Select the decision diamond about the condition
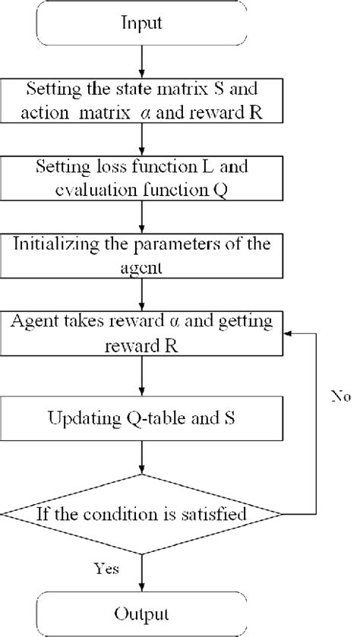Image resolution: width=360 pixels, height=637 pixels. click(x=142, y=516)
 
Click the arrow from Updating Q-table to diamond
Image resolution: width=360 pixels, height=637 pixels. click(x=142, y=457)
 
